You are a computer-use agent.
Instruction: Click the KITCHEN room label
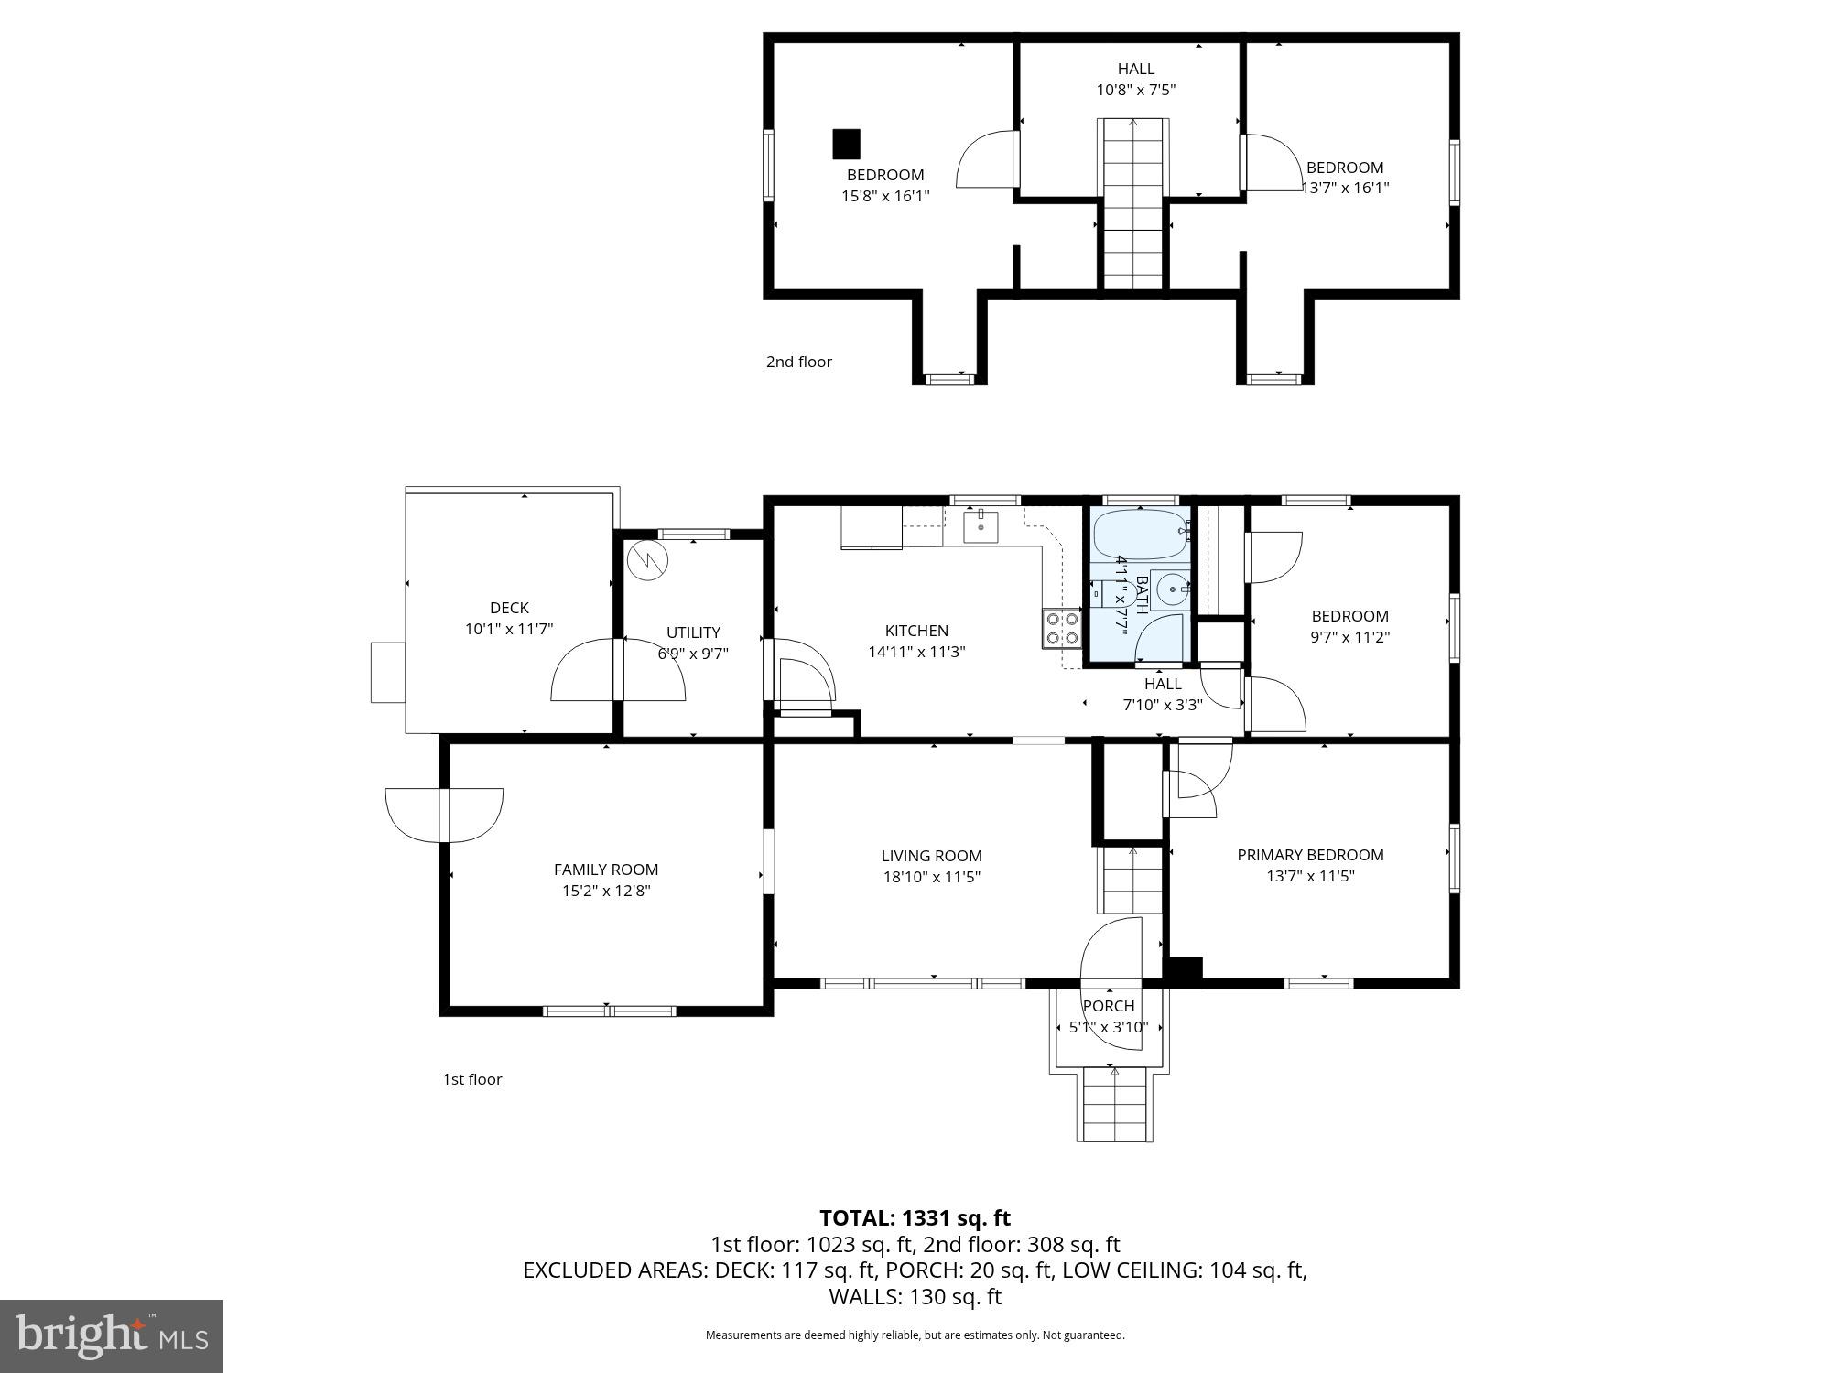916,631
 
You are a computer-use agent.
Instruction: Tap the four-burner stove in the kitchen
1062,628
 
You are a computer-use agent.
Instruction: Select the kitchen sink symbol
981,526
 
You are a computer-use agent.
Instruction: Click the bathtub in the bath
1139,534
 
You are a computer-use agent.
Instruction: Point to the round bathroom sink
1169,589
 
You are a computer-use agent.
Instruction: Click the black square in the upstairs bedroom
846,144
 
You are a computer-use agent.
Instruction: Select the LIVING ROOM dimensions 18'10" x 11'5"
931,877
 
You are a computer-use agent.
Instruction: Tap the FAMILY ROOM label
606,870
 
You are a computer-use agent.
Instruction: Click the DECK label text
509,608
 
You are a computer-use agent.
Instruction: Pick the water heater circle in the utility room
648,560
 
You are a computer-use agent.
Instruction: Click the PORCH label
1109,1006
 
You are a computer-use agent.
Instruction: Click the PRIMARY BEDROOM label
1310,855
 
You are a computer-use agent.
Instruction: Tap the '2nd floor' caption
799,362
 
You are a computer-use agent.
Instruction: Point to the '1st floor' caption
472,1079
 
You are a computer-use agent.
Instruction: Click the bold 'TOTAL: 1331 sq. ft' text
915,1218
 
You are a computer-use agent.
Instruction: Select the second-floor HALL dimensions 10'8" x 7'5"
1135,90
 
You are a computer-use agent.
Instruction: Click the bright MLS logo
112,1335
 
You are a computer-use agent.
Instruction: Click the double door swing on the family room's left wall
444,815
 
